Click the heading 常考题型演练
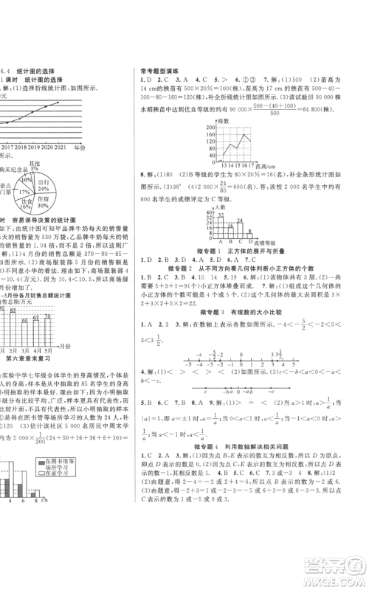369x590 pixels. coord(161,71)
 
